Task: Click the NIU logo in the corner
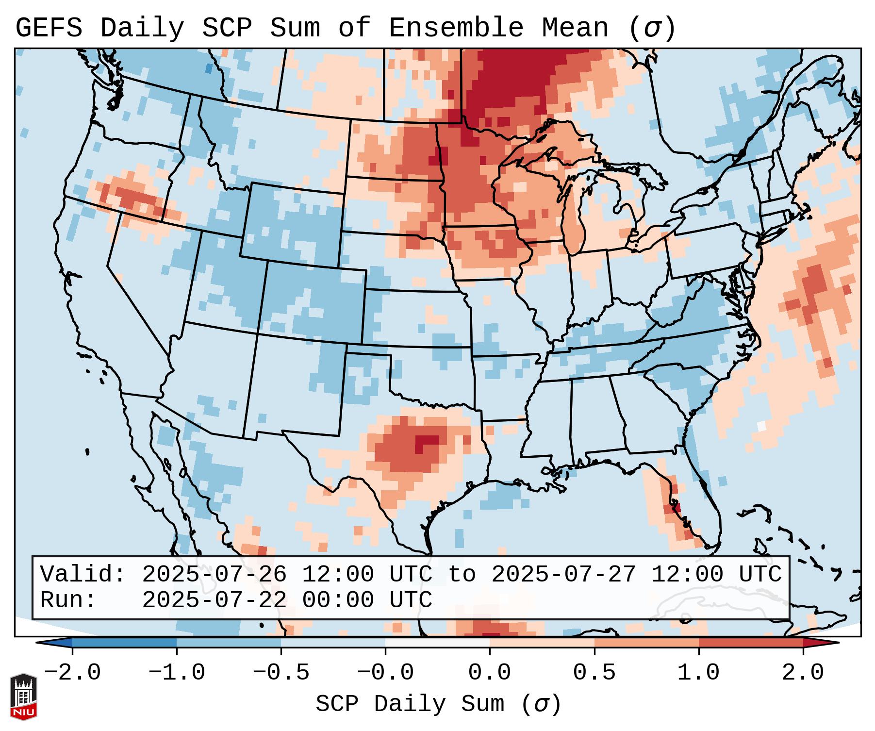[x=23, y=696]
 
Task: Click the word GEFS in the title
[x=49, y=28]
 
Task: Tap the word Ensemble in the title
[x=456, y=28]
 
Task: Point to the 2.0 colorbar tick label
[x=803, y=673]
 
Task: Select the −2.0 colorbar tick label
[x=72, y=673]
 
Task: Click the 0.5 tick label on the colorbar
[x=594, y=673]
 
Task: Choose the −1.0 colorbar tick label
[x=177, y=673]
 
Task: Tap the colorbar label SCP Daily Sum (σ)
[x=438, y=704]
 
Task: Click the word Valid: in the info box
[x=83, y=574]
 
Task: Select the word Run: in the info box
[x=68, y=600]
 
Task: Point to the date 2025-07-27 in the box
[x=563, y=574]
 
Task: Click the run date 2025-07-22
[x=214, y=600]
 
